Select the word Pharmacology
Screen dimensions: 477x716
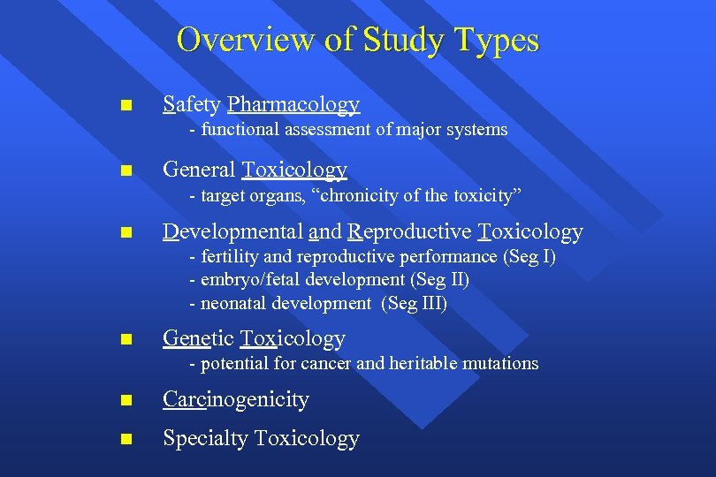coord(293,105)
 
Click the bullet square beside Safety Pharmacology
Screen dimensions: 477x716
coord(126,106)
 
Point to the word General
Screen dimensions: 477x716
coord(199,170)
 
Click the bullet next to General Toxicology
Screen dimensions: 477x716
coord(126,170)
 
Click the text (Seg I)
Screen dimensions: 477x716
coord(529,257)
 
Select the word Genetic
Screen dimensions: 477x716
coord(198,339)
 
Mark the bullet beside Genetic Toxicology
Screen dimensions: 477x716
coord(126,339)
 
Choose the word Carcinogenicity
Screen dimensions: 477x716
coord(235,400)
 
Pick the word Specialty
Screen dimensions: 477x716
coord(205,439)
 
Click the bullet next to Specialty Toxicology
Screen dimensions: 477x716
coord(126,439)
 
